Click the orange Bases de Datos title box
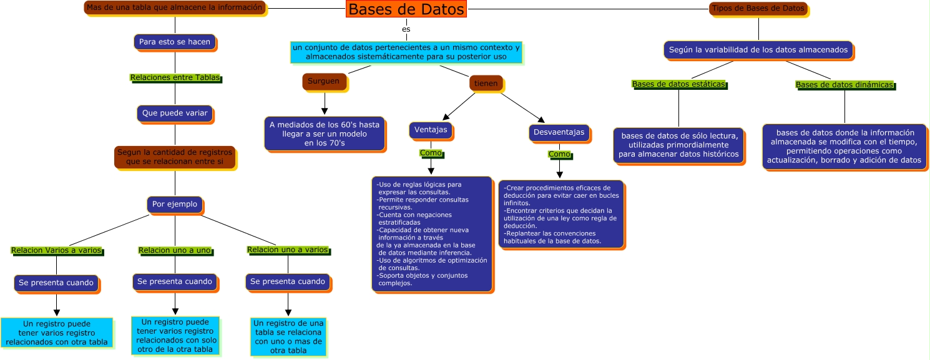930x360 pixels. coord(406,9)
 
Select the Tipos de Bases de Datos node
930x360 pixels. coord(758,8)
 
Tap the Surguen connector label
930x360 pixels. coord(323,81)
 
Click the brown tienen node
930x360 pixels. coord(485,83)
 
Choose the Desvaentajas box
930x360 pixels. coord(559,132)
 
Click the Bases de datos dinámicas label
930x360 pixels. coord(844,85)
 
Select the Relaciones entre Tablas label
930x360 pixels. coord(175,78)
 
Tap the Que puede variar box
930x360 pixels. coord(175,114)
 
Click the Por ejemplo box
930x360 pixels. coord(175,204)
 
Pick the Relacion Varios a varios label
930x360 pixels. coord(56,251)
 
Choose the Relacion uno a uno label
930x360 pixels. coord(175,251)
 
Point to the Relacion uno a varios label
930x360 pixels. coord(288,250)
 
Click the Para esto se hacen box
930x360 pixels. coord(175,42)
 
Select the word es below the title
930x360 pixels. coord(406,29)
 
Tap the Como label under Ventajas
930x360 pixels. coord(431,153)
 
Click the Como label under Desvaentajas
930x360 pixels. coord(559,154)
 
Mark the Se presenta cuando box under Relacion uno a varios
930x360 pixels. coord(288,282)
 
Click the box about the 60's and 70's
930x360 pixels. coord(325,134)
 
